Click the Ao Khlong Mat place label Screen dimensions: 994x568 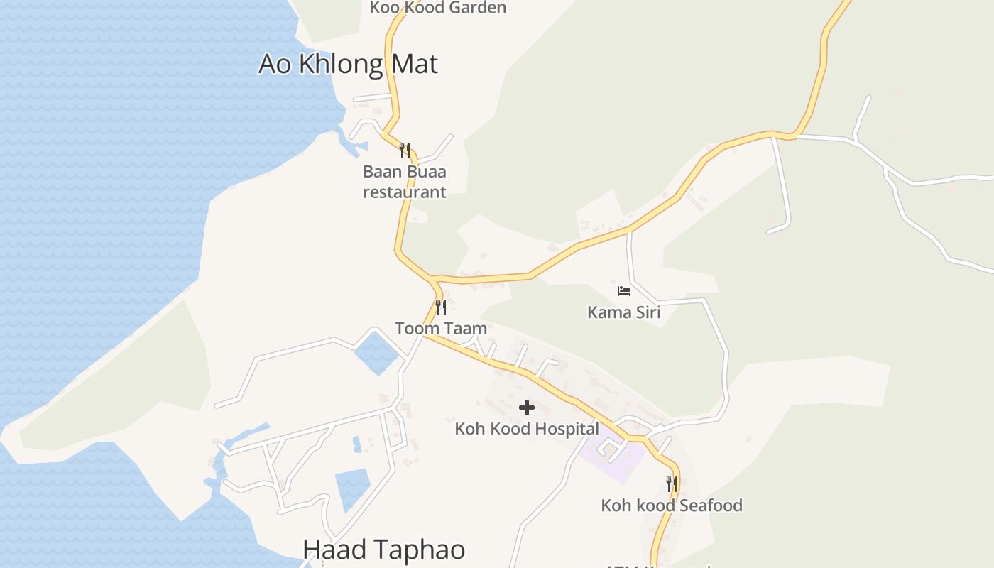pyautogui.click(x=348, y=64)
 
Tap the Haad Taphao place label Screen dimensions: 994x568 pyautogui.click(x=383, y=550)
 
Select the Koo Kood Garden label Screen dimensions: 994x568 pyautogui.click(x=437, y=8)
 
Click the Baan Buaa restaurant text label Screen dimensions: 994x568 pyautogui.click(x=405, y=182)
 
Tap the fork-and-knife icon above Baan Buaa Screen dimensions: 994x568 pyautogui.click(x=405, y=150)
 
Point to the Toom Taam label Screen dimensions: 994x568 pyautogui.click(x=441, y=328)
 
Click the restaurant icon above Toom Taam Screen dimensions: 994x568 pyautogui.click(x=441, y=307)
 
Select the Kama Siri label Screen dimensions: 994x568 pyautogui.click(x=623, y=312)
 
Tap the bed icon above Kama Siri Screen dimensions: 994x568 pyautogui.click(x=623, y=291)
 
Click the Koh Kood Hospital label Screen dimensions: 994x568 pyautogui.click(x=527, y=429)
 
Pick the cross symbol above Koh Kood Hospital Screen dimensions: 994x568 pyautogui.click(x=527, y=408)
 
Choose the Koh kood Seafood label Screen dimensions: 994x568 pyautogui.click(x=672, y=506)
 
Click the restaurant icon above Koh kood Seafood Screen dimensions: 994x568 pyautogui.click(x=672, y=484)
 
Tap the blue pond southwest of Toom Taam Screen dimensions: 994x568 pyautogui.click(x=375, y=353)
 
